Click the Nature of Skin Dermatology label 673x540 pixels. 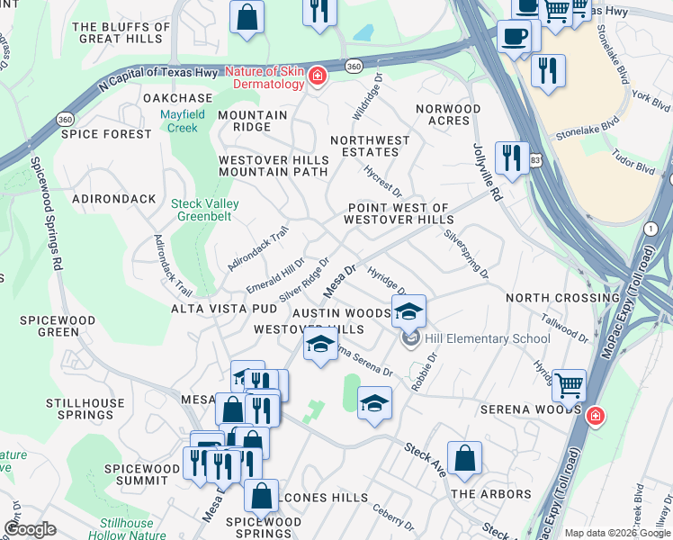(x=265, y=77)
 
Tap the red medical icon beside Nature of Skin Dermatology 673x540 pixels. (x=317, y=78)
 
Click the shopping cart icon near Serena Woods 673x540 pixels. (x=570, y=384)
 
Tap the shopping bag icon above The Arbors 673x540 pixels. (x=464, y=457)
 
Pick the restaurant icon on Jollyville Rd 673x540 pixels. (x=511, y=157)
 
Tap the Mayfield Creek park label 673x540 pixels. (x=179, y=121)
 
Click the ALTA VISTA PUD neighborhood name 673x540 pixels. (x=224, y=309)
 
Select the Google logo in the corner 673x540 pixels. (x=30, y=528)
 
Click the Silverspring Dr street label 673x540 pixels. (x=466, y=252)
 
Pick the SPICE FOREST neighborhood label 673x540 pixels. (x=106, y=134)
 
